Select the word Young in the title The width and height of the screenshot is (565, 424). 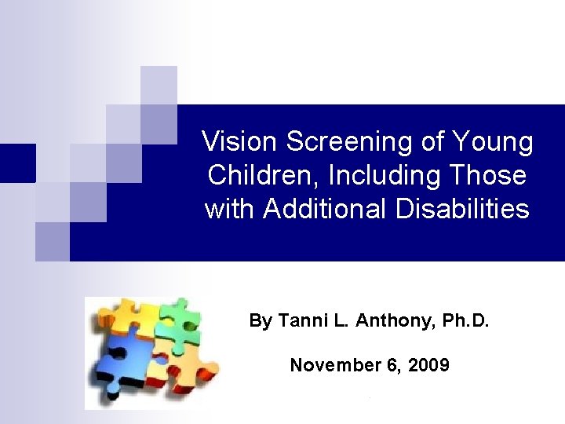click(x=494, y=142)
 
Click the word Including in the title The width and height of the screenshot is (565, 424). click(x=373, y=175)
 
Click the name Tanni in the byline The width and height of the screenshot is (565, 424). click(x=297, y=320)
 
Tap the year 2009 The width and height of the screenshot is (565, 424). click(x=428, y=365)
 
